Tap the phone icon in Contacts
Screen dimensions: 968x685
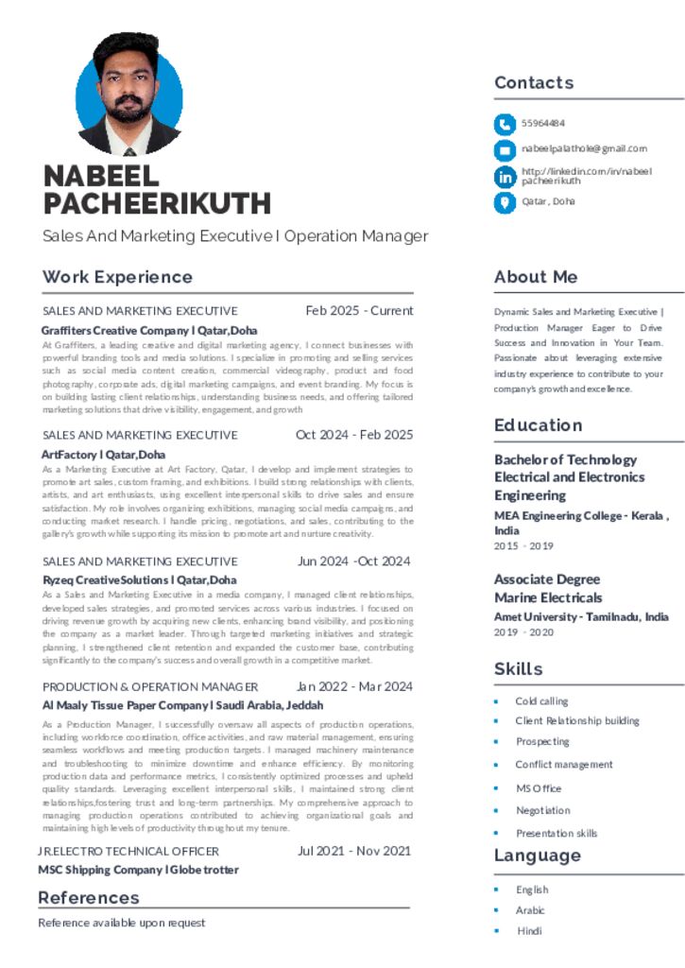coord(505,124)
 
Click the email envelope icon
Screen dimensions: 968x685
coord(505,149)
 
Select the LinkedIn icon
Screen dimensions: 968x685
coord(505,176)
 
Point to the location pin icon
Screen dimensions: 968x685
coord(505,201)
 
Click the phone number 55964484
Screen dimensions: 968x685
coord(543,124)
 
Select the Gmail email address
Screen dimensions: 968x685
coord(584,148)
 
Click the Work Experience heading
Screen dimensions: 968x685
coord(117,277)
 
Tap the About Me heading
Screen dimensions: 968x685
coord(536,277)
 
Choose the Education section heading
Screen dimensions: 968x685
coord(538,425)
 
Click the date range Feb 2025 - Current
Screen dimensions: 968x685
coord(359,311)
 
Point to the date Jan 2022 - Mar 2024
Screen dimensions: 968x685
coord(354,686)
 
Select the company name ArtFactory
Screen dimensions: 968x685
coord(103,455)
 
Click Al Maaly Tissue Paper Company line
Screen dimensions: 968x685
coord(182,705)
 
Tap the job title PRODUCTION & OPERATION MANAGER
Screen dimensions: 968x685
coord(150,687)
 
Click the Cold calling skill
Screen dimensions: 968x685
coord(541,701)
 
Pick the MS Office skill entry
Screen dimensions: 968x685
coord(539,788)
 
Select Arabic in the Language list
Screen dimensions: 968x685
coord(530,910)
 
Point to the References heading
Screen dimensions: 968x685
coord(89,898)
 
